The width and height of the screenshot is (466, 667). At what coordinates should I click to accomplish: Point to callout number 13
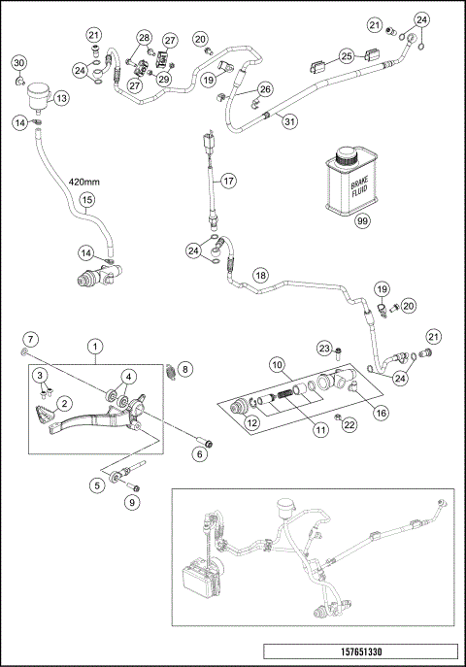point(60,98)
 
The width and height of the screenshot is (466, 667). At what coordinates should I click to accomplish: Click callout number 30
point(18,63)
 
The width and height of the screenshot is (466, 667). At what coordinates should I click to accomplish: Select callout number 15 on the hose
point(86,201)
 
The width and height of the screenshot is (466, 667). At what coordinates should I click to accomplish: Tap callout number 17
point(228,181)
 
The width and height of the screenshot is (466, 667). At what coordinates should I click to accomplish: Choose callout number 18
point(260,275)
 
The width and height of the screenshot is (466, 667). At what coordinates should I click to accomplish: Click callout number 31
point(287,120)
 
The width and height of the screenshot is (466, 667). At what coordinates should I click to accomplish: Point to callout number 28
point(144,38)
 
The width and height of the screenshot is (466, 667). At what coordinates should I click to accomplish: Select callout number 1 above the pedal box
point(95,345)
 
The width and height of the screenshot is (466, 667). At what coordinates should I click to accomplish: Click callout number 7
point(30,339)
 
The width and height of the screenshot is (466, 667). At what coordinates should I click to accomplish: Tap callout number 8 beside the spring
point(186,368)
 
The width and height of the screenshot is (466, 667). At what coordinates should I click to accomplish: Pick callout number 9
point(133,502)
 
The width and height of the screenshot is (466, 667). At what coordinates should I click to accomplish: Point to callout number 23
point(326,349)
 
